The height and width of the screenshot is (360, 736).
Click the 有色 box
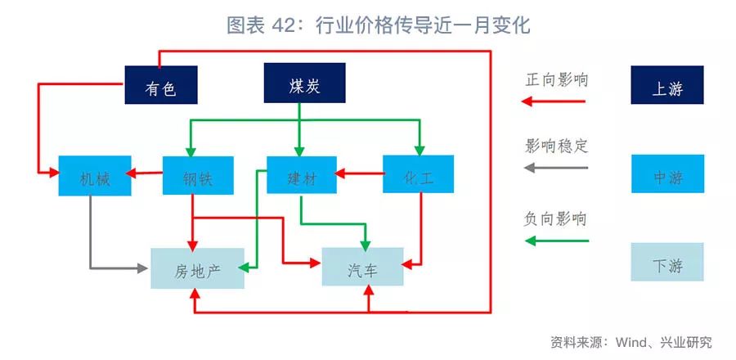pos(161,84)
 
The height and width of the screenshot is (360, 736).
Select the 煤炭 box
pos(304,84)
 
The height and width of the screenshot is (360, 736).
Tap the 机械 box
pos(95,176)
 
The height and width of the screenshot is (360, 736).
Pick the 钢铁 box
pos(198,176)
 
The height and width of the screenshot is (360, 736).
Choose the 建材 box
pos(302,174)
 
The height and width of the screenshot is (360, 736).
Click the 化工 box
pos(418,174)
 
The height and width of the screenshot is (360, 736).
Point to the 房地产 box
pos(198,268)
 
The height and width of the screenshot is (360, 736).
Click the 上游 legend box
pos(667,85)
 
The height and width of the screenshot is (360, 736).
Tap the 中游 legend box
pos(667,174)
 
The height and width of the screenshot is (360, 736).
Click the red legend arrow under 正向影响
pos(555,101)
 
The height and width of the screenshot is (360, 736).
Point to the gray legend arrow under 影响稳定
pos(555,168)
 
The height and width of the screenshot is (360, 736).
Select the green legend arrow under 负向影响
pos(555,241)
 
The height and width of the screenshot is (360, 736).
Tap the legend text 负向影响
pos(556,219)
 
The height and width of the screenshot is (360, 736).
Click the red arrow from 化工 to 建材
pos(361,173)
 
